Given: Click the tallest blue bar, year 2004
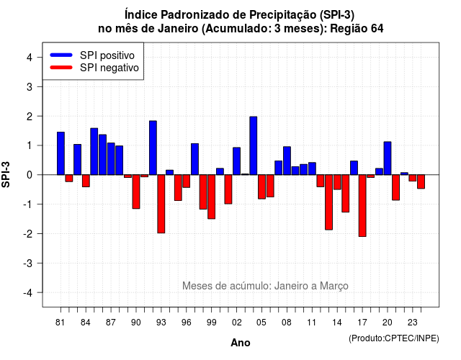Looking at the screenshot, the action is pos(253,145).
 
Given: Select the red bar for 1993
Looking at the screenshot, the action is pos(161,204).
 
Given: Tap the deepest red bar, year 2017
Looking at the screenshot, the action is pos(362,206).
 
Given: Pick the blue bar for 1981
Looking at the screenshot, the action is pos(61,153).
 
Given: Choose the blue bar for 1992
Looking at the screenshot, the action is pos(153,148).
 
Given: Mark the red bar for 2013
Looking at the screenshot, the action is pos(328,202).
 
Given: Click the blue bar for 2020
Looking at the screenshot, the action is pos(388,158).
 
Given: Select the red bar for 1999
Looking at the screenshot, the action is pos(211,197).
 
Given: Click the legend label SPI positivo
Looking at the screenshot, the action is pos(107,55).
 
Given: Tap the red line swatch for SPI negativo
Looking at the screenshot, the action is pos(61,68).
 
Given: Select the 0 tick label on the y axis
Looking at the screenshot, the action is pos(30,175).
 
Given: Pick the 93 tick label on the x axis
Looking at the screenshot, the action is pos(161,323).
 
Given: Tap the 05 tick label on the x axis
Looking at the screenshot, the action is pos(261,323).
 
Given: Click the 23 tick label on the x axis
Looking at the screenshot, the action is pos(413,323).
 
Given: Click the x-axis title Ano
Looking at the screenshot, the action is pos(241,343).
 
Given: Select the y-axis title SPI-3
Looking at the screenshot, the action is pos(6,174).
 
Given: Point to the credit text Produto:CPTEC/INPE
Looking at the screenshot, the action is pos(394,338).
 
